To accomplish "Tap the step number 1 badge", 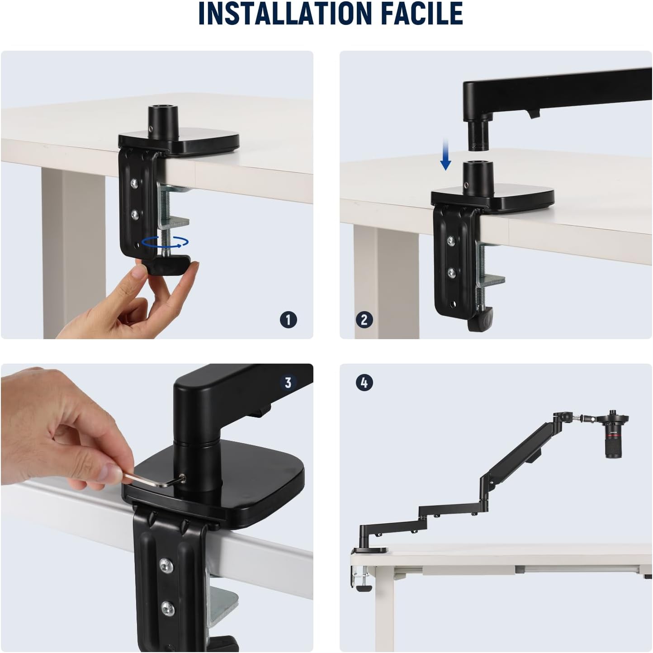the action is (289, 320).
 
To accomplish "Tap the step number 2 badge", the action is (364, 320).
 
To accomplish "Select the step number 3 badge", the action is (288, 383).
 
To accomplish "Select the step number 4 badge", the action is (364, 383).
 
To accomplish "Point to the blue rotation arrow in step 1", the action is (165, 242).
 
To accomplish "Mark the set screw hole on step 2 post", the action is (467, 185).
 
